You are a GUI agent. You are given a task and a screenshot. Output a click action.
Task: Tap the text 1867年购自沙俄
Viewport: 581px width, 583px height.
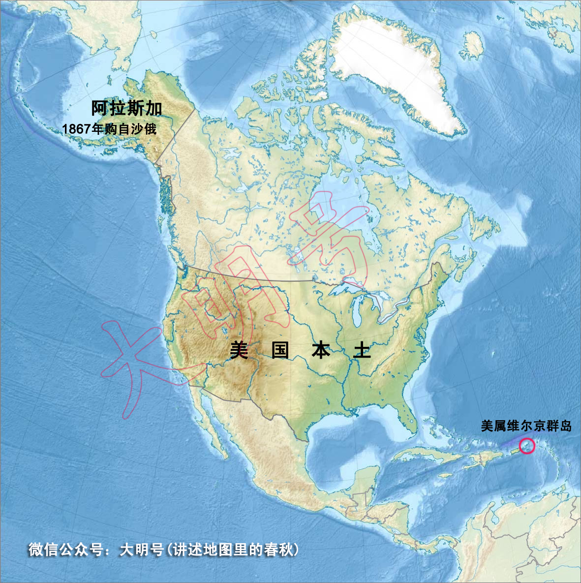click(109, 129)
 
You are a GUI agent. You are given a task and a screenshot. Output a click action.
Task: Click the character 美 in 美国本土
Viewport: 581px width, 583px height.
click(239, 351)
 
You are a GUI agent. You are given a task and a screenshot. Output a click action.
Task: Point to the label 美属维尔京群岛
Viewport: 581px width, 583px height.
click(526, 426)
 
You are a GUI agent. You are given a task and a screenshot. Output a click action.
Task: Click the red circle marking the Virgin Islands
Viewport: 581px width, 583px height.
click(527, 446)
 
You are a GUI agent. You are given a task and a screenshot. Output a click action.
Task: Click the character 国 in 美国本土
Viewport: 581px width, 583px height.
click(280, 351)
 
